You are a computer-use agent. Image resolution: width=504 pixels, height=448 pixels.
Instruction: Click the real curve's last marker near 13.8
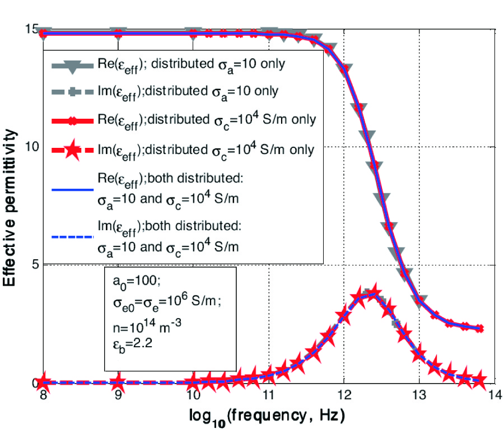[479, 328]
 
